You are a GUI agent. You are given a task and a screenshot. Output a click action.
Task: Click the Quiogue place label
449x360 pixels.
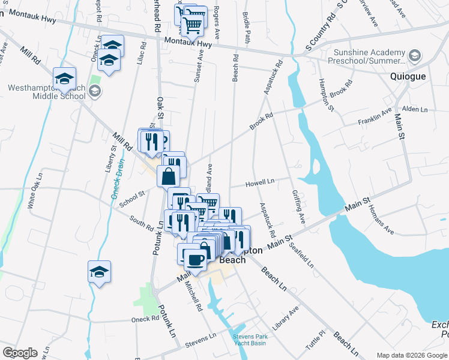tap(408, 76)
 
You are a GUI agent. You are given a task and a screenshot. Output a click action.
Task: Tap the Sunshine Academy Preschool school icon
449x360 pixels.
tap(414, 56)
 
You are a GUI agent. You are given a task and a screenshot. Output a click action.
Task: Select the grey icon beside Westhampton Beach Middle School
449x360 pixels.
tap(94, 91)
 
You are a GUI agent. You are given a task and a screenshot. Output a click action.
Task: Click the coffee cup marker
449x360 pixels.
tap(193, 260)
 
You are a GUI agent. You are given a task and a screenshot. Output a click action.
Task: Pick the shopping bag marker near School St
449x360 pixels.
tap(169, 176)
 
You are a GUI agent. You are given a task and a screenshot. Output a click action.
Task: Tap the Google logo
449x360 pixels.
tap(20, 353)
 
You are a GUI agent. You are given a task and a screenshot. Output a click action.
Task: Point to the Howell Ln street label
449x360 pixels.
tap(261, 181)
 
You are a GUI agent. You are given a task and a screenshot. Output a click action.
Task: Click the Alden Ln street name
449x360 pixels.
tap(415, 109)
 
